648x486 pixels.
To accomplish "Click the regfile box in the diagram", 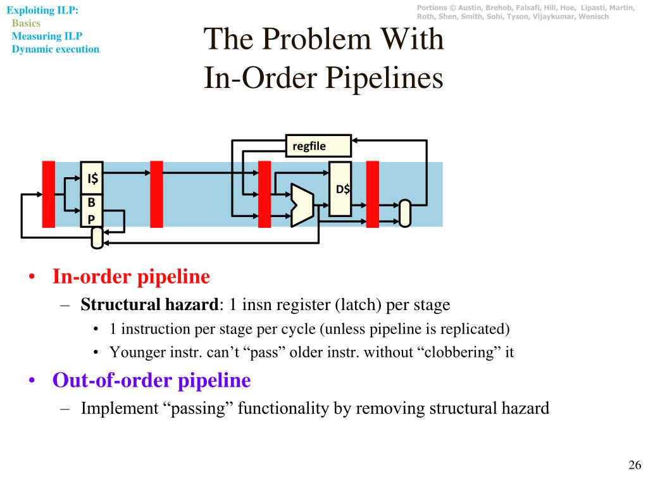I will [318, 146].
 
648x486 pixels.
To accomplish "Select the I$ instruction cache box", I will [92, 178].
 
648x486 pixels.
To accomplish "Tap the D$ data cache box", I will [340, 189].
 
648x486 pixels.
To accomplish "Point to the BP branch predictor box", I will [92, 211].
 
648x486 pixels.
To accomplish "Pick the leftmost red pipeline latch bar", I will [49, 194].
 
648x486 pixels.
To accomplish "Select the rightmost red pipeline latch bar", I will [373, 194].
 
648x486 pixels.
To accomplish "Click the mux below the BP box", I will [97, 238].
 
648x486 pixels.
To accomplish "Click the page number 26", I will [635, 466].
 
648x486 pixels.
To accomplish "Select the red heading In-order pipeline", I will [131, 277].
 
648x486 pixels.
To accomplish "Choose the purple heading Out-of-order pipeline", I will [151, 380].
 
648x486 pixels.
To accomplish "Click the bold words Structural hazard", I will [149, 305].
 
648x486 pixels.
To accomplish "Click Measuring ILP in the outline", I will [47, 36].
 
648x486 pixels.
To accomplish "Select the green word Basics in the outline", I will [26, 23].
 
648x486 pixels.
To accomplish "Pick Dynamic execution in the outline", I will [56, 49].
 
